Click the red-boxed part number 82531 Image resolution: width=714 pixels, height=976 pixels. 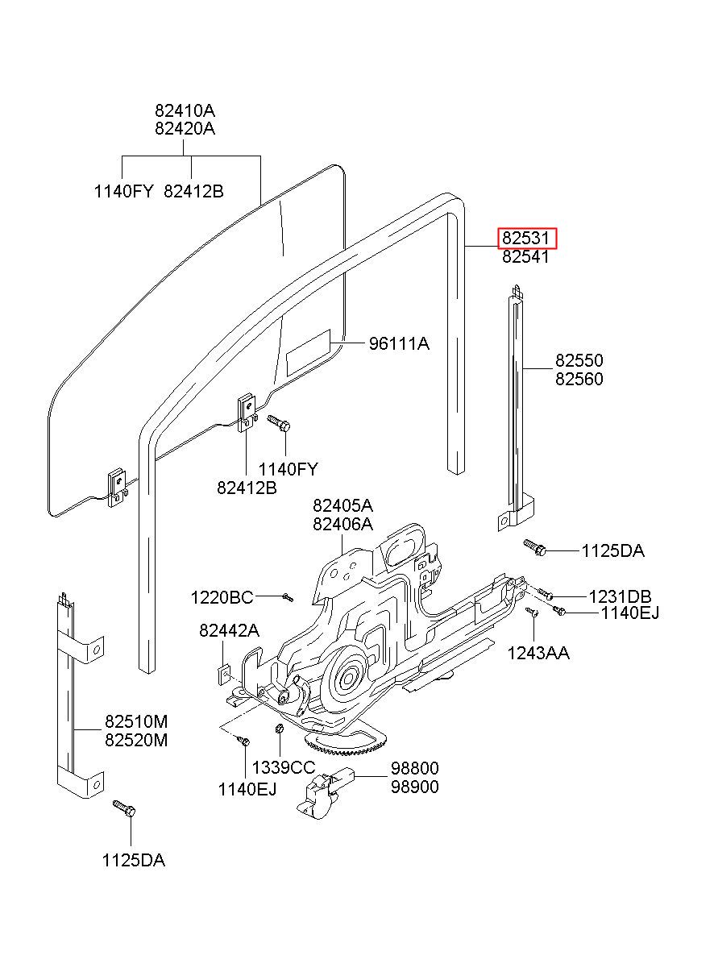pos(527,238)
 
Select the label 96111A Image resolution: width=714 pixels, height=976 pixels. pos(399,344)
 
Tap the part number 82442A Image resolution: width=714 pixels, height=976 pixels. pos(229,630)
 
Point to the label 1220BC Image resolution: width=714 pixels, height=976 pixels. pos(222,597)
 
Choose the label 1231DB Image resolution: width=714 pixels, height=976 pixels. pos(620,596)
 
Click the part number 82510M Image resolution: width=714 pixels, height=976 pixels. pos(136,721)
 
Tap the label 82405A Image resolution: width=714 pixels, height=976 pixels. pos(342,505)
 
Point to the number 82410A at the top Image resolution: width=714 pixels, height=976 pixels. pos(185,110)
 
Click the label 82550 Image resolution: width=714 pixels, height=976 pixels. pos(579,360)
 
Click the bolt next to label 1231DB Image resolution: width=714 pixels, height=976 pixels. pos(546,593)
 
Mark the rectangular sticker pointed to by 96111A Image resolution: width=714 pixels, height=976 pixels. pos(309,352)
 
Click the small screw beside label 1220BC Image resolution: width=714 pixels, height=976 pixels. pos(288,597)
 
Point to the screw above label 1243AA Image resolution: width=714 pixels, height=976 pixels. pos(533,613)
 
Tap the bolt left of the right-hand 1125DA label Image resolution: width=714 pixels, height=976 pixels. pos(535,548)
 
